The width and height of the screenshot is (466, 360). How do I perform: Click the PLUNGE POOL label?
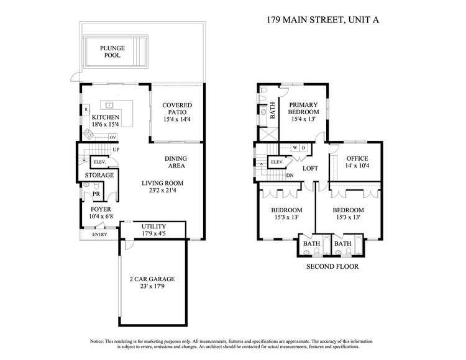[112, 52]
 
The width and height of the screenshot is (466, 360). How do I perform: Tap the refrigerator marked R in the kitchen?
[86, 109]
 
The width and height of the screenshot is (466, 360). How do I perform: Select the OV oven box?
[112, 137]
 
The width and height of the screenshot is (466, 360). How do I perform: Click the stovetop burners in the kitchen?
[88, 134]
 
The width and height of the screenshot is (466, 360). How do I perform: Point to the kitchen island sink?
[109, 105]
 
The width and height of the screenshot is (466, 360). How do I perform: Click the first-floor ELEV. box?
[100, 162]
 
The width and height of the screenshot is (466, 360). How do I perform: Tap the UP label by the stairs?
[116, 150]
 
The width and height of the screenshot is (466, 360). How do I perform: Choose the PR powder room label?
[96, 194]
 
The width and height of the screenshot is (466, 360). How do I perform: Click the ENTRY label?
[99, 235]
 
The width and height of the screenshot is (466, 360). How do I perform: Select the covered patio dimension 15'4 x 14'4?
[177, 119]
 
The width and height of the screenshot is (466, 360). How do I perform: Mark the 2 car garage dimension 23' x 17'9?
[152, 286]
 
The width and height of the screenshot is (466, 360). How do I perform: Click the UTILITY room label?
[153, 227]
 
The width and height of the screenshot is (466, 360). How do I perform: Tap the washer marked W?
[295, 148]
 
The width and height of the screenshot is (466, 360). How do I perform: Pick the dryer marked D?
[303, 148]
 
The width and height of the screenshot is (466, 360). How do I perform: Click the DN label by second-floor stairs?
[290, 176]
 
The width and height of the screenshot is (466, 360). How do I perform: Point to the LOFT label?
[310, 169]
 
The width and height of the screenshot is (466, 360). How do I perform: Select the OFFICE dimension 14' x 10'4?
[357, 166]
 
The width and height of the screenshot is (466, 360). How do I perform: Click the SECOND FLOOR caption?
[332, 266]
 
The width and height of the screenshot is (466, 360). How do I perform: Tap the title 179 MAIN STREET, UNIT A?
[322, 20]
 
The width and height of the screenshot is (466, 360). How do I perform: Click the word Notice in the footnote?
[96, 341]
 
